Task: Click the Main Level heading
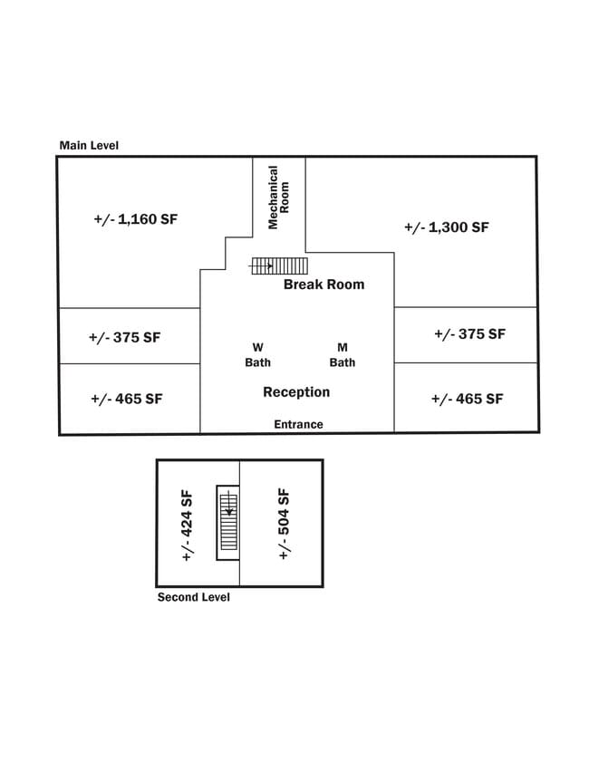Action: pos(89,145)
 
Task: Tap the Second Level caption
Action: pos(193,597)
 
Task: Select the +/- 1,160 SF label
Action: pos(136,219)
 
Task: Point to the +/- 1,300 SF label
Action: pos(447,227)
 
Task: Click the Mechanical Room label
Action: pos(278,198)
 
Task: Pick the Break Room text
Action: pos(324,285)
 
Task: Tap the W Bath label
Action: pos(257,355)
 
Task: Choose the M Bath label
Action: pos(343,355)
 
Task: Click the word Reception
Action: pos(296,392)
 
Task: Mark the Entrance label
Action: pos(298,424)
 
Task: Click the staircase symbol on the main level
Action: pos(279,265)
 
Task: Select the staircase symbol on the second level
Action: pos(228,523)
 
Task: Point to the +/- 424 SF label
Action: pos(187,526)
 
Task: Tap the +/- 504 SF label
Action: pos(284,524)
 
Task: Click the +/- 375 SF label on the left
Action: pos(124,337)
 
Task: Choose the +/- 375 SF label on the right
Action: pos(470,333)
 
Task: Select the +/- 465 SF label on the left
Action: pos(126,399)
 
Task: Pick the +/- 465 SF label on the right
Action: pos(467,399)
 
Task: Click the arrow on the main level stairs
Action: pos(261,265)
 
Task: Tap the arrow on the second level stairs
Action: pos(229,503)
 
